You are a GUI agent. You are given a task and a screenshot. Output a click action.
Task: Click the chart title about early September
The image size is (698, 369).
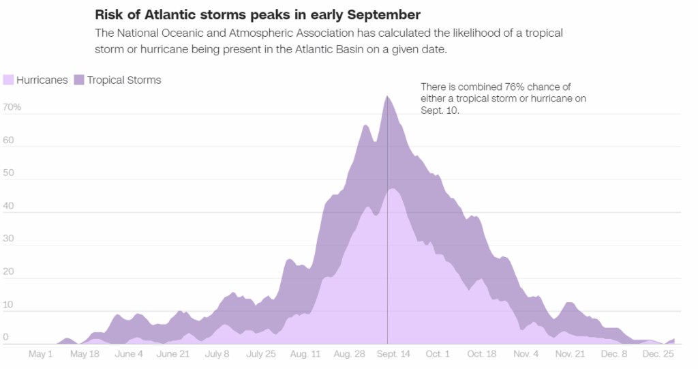pyautogui.click(x=258, y=14)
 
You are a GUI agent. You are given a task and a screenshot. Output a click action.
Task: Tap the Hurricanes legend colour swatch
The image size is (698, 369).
pyautogui.click(x=8, y=80)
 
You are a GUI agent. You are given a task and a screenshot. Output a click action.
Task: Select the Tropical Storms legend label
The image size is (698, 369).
pyautogui.click(x=124, y=80)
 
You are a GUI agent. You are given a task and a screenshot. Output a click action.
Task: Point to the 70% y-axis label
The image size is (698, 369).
pyautogui.click(x=12, y=107)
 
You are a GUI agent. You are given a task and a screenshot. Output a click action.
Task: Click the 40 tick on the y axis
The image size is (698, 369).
pyautogui.click(x=8, y=206)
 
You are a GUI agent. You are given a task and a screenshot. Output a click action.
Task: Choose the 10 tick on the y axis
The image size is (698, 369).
pyautogui.click(x=8, y=304)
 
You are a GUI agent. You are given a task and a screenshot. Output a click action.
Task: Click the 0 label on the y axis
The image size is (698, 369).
pyautogui.click(x=5, y=337)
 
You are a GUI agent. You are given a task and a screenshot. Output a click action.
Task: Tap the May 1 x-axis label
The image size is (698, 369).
pyautogui.click(x=41, y=354)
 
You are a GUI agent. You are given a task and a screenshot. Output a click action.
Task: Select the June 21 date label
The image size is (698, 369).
pyautogui.click(x=172, y=354)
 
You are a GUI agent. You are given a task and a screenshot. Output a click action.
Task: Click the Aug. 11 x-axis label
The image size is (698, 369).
pyautogui.click(x=305, y=354)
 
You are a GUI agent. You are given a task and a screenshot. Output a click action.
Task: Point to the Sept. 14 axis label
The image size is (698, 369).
pyautogui.click(x=394, y=354)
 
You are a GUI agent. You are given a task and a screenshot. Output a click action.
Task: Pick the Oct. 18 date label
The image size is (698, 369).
pyautogui.click(x=482, y=354)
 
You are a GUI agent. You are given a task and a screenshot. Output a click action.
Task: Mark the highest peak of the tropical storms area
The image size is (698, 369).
pyautogui.click(x=387, y=96)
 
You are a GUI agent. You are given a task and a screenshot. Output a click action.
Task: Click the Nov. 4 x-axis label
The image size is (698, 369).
pyautogui.click(x=526, y=354)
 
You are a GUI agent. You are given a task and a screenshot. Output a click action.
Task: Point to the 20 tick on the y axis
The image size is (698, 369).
pyautogui.click(x=8, y=271)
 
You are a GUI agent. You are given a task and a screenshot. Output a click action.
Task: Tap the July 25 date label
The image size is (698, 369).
pyautogui.click(x=261, y=354)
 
